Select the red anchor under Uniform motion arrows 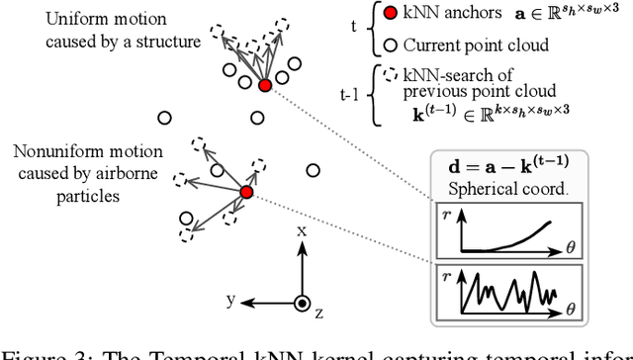point(264,86)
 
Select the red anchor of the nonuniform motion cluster point(247,192)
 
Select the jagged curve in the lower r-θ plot point(514,292)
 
